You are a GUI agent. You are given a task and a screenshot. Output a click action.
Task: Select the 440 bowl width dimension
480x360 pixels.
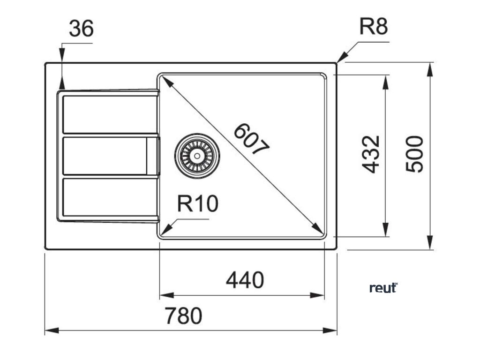pyautogui.click(x=245, y=280)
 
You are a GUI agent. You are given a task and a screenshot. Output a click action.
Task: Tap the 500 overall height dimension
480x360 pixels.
pyautogui.click(x=414, y=154)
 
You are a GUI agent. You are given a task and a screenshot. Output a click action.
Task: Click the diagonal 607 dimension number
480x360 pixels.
pyautogui.click(x=252, y=139)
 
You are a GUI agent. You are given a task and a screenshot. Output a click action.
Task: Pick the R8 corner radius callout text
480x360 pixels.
pyautogui.click(x=374, y=27)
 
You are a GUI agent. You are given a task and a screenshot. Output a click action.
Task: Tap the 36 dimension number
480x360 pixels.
pyautogui.click(x=81, y=29)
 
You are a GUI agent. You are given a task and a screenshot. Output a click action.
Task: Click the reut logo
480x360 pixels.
pyautogui.click(x=383, y=287)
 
